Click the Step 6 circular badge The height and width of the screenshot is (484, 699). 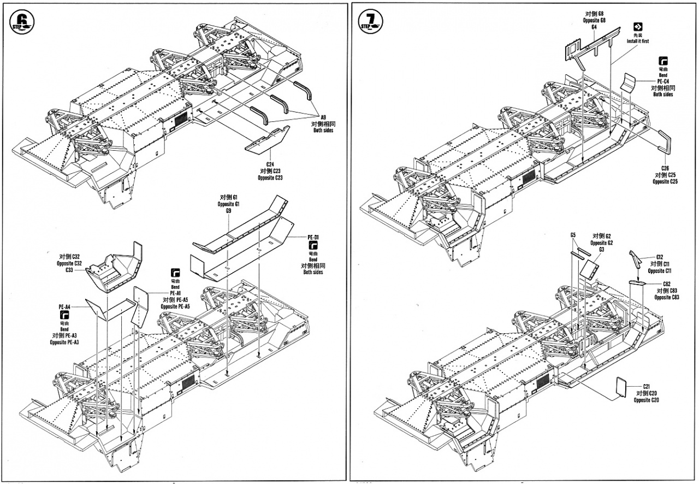22,21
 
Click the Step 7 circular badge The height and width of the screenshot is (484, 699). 371,21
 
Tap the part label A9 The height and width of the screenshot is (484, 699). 323,118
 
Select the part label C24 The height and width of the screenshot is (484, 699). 270,164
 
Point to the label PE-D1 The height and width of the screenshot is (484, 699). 313,237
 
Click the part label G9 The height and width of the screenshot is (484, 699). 228,211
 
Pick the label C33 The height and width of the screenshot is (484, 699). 69,270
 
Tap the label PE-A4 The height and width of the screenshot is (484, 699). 64,307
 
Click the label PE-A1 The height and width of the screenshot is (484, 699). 175,293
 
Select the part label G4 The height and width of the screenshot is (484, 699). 594,27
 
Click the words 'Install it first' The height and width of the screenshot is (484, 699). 638,41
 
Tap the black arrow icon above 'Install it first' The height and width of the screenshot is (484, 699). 638,27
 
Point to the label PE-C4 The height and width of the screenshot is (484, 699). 663,81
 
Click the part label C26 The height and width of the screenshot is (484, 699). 665,168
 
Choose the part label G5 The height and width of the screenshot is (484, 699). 573,235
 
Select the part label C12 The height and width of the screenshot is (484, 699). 659,257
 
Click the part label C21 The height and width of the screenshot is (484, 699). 646,387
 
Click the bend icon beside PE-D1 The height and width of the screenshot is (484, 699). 313,245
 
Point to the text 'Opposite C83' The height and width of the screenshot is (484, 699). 667,297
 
